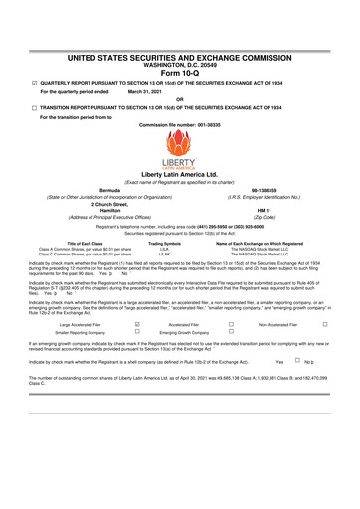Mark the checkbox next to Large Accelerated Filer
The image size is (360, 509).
click(x=135, y=323)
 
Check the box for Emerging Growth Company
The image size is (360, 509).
click(x=230, y=332)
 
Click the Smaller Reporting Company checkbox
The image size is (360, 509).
click(x=135, y=332)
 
